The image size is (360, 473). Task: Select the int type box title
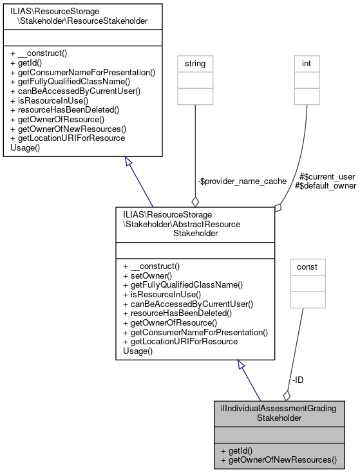[x=307, y=64]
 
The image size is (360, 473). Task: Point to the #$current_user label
[x=327, y=176]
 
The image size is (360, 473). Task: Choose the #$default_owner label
[x=325, y=186]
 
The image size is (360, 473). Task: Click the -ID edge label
[x=298, y=380]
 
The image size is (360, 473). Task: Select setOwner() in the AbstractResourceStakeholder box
[x=144, y=274]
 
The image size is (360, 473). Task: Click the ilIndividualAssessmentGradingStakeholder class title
[x=278, y=413]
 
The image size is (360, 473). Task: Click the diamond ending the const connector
[x=286, y=395]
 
